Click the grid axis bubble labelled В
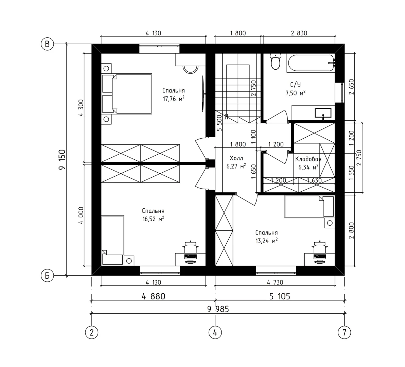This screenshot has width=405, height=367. coord(47,44)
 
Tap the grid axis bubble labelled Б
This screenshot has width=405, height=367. coord(47,276)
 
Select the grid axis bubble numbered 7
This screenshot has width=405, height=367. coord(344,332)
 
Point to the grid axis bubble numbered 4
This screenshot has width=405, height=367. coord(215,332)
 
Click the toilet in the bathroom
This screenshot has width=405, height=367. coord(276,62)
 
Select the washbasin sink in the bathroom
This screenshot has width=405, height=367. coord(323,113)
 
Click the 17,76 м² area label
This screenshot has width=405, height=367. coord(174,99)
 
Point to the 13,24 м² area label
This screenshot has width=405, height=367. coord(267,241)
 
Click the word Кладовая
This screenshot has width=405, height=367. coord(309,159)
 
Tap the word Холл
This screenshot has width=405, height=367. coord(236,158)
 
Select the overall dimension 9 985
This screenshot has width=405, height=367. coord(218,309)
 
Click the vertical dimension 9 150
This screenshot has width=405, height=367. coord(62,160)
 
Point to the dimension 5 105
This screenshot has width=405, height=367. coord(280,296)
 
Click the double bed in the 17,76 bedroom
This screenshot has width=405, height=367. coord(127,94)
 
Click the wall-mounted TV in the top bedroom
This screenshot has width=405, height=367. coord(203,94)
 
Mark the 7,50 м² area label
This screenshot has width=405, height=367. coord(296,93)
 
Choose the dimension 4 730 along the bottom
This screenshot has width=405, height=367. coord(275,282)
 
